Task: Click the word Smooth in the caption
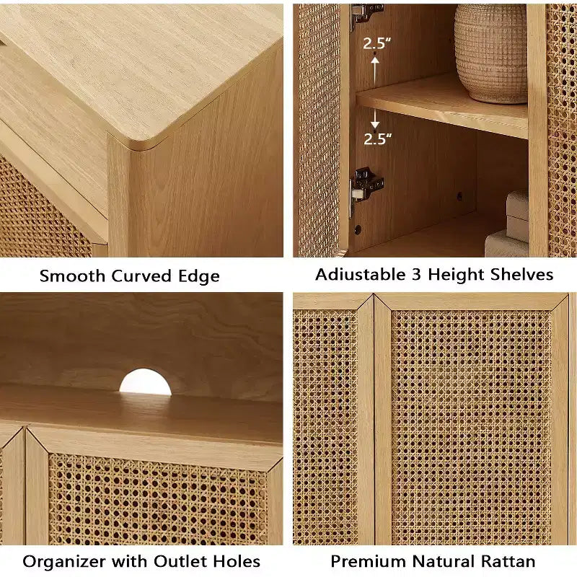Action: (73, 276)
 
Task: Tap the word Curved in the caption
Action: (141, 276)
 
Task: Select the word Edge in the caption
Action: (199, 277)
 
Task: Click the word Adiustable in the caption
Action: (360, 275)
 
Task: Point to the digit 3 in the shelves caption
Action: (416, 275)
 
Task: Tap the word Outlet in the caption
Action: (181, 562)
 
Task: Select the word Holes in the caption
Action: (237, 562)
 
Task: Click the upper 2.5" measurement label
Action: (376, 43)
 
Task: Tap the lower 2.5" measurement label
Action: (377, 138)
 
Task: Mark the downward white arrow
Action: (374, 118)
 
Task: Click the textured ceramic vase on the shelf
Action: (491, 53)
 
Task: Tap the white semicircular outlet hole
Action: (146, 382)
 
